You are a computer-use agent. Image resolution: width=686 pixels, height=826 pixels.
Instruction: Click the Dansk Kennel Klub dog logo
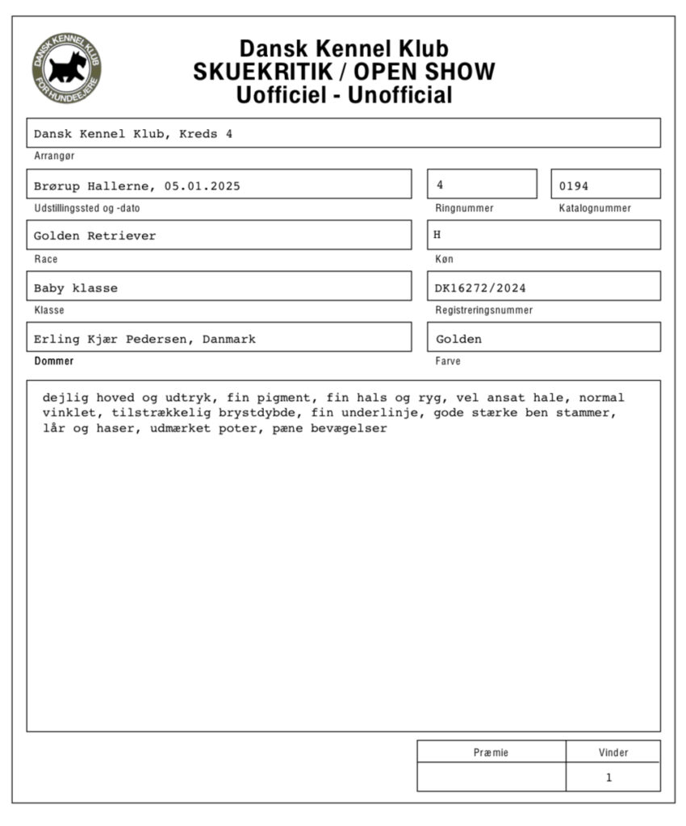[x=67, y=69]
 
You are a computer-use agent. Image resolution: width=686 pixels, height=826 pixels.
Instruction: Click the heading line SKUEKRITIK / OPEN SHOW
[x=344, y=72]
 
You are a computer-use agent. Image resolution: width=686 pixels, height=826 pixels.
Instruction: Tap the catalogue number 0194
[x=574, y=186]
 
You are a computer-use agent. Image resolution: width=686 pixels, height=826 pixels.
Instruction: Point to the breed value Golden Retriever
[x=94, y=236]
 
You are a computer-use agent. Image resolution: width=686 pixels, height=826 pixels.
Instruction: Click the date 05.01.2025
[x=202, y=186]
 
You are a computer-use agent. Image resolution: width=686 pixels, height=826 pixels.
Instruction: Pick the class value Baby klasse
[x=75, y=288]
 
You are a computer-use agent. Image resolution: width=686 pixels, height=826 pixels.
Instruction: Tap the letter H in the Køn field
[x=437, y=235]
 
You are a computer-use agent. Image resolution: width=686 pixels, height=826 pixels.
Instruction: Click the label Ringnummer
[x=464, y=208]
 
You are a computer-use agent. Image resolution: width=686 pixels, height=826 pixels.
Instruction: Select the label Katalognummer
[x=595, y=208]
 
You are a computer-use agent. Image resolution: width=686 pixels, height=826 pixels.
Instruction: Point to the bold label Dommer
[x=53, y=361]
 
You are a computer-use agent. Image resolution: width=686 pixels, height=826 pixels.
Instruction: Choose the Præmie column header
[x=491, y=753]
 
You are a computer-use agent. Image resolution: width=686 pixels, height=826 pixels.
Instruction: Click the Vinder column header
[x=613, y=753]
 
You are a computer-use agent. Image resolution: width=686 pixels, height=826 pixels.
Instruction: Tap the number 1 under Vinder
[x=609, y=778]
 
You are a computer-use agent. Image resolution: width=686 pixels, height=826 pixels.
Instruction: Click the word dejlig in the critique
[x=66, y=398]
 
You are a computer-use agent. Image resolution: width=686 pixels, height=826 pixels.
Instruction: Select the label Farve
[x=448, y=361]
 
